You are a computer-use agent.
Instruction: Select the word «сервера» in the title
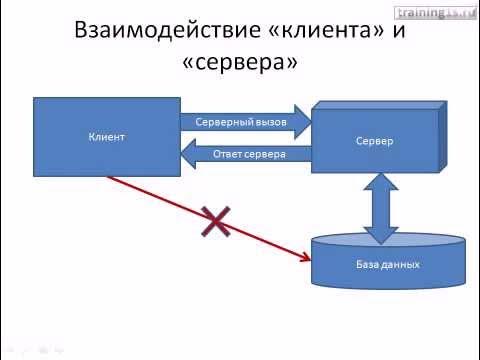(x=239, y=65)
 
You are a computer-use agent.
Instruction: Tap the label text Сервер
(x=373, y=141)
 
